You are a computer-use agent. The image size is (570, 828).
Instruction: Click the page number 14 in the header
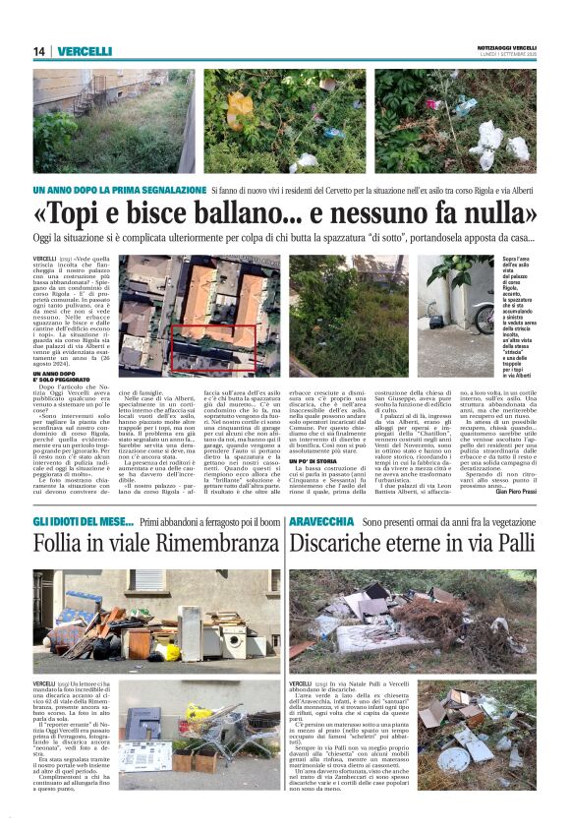[x=38, y=51]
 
